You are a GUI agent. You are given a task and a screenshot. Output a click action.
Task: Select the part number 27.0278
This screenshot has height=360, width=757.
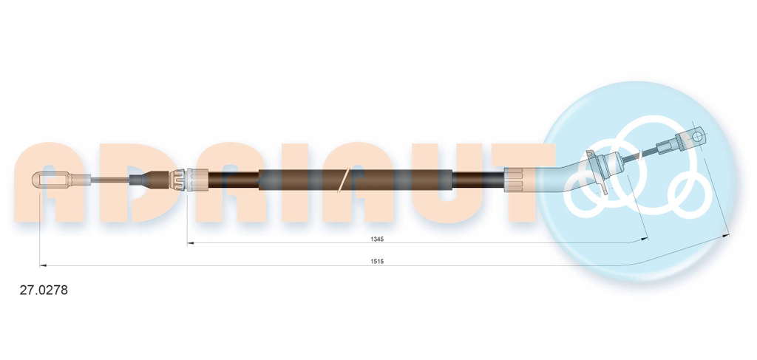click(44, 291)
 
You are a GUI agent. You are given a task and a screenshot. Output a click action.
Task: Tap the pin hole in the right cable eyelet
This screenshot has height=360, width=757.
click(696, 136)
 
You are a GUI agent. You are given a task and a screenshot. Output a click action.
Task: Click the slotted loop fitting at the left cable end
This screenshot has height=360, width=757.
click(52, 180)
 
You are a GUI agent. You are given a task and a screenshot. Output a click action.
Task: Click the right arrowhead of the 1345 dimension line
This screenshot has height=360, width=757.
click(644, 239)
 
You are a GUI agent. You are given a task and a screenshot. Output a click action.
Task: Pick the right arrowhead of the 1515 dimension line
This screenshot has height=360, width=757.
click(726, 235)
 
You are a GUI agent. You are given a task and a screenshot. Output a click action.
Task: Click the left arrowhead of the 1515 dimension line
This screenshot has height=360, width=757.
click(43, 265)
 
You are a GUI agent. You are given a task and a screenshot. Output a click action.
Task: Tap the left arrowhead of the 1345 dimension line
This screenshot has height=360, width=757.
click(191, 243)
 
